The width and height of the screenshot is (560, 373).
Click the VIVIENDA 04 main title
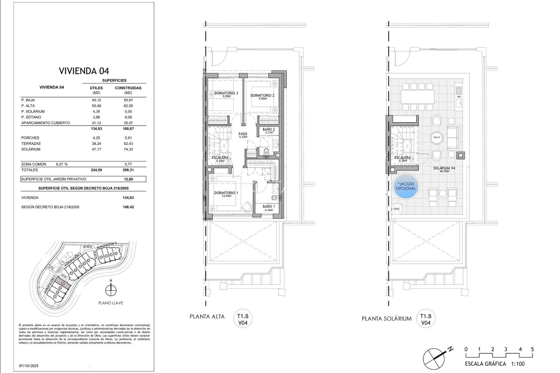(x=84, y=71)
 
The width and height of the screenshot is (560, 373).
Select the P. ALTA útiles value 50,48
(x=96, y=106)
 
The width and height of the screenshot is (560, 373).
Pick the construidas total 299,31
(x=128, y=170)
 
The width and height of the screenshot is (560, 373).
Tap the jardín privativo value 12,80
(x=128, y=179)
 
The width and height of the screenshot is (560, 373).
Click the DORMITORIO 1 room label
(x=226, y=193)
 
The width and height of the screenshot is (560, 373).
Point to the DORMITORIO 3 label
(x=226, y=93)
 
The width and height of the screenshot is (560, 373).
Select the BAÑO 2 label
(x=268, y=129)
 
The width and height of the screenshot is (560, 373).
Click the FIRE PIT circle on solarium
(x=437, y=137)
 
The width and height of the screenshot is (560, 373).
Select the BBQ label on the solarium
(x=459, y=97)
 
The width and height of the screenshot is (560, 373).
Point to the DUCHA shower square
(x=396, y=209)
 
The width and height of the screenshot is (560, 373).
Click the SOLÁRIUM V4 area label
(x=444, y=168)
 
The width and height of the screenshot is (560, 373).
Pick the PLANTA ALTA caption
(x=207, y=316)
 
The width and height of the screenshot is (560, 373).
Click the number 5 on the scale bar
(x=532, y=349)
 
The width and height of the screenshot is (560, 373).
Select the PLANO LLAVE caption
(x=111, y=303)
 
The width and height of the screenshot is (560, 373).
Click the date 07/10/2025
(x=29, y=366)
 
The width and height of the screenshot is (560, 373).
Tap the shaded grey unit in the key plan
(x=63, y=282)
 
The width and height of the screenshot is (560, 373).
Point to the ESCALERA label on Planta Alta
(x=220, y=158)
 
